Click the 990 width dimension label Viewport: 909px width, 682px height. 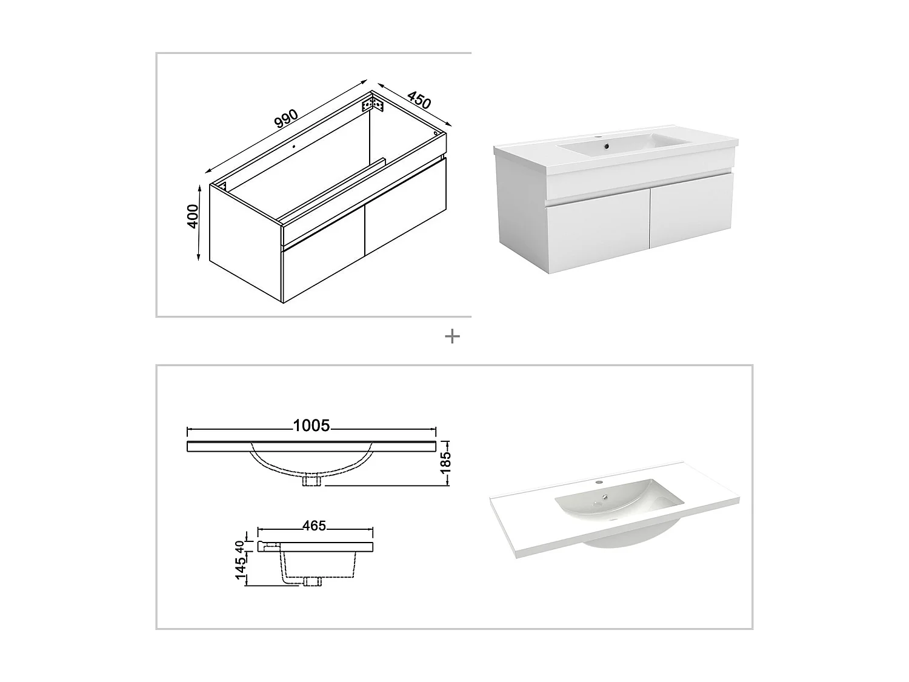coord(286,119)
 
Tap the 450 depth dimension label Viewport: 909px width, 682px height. coord(419,100)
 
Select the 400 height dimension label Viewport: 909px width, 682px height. coord(193,216)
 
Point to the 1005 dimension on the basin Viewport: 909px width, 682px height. coord(311,426)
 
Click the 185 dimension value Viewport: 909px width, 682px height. coord(447,463)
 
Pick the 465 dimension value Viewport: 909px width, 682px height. coord(315,526)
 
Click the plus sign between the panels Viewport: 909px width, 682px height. coord(452,336)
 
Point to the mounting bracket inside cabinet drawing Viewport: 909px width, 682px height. coord(373,105)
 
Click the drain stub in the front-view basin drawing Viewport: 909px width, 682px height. coord(312,480)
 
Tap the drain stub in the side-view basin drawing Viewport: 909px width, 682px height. coord(313,583)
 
